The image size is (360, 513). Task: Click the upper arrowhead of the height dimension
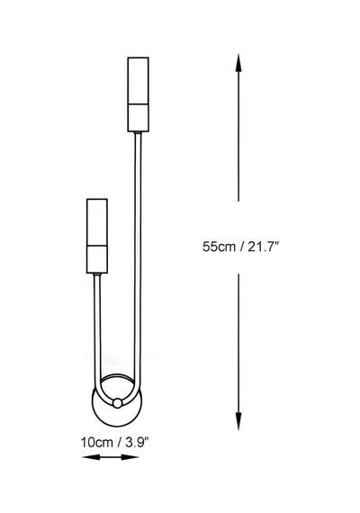click(238, 63)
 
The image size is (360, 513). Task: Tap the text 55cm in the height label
click(219, 247)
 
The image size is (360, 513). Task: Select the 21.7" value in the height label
click(263, 247)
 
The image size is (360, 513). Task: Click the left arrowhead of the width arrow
click(91, 456)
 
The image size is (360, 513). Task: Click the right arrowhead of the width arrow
click(130, 456)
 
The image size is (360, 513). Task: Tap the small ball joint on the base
click(116, 402)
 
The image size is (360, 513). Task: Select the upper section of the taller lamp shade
click(138, 81)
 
